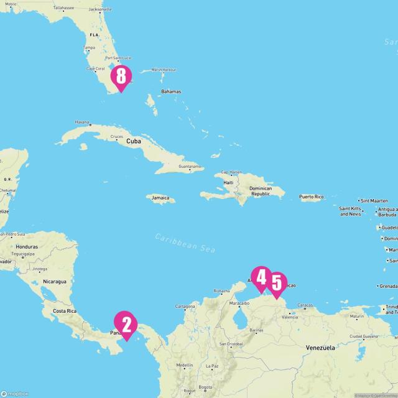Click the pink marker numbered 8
(121, 77)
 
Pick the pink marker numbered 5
(277, 284)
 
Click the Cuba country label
(134, 141)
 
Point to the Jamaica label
(160, 198)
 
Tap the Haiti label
(228, 183)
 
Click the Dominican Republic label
(261, 191)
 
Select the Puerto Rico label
(311, 197)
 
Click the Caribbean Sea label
(185, 243)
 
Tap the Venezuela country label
(320, 348)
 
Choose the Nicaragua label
(55, 282)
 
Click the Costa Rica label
(64, 310)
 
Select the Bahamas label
(170, 91)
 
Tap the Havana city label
(82, 123)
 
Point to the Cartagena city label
(185, 307)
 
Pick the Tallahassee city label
(63, 8)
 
